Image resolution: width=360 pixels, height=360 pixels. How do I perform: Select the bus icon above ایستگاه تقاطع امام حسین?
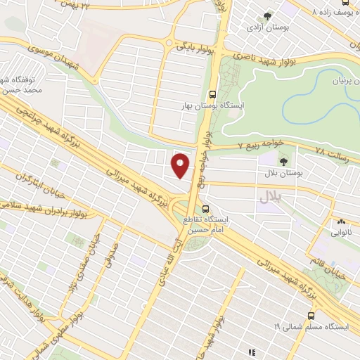point(206,209)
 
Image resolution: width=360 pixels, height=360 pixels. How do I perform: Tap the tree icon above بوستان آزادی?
point(267,16)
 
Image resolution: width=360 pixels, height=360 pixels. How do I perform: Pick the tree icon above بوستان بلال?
point(283,161)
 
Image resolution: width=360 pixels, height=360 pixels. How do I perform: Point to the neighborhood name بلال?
point(270,197)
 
